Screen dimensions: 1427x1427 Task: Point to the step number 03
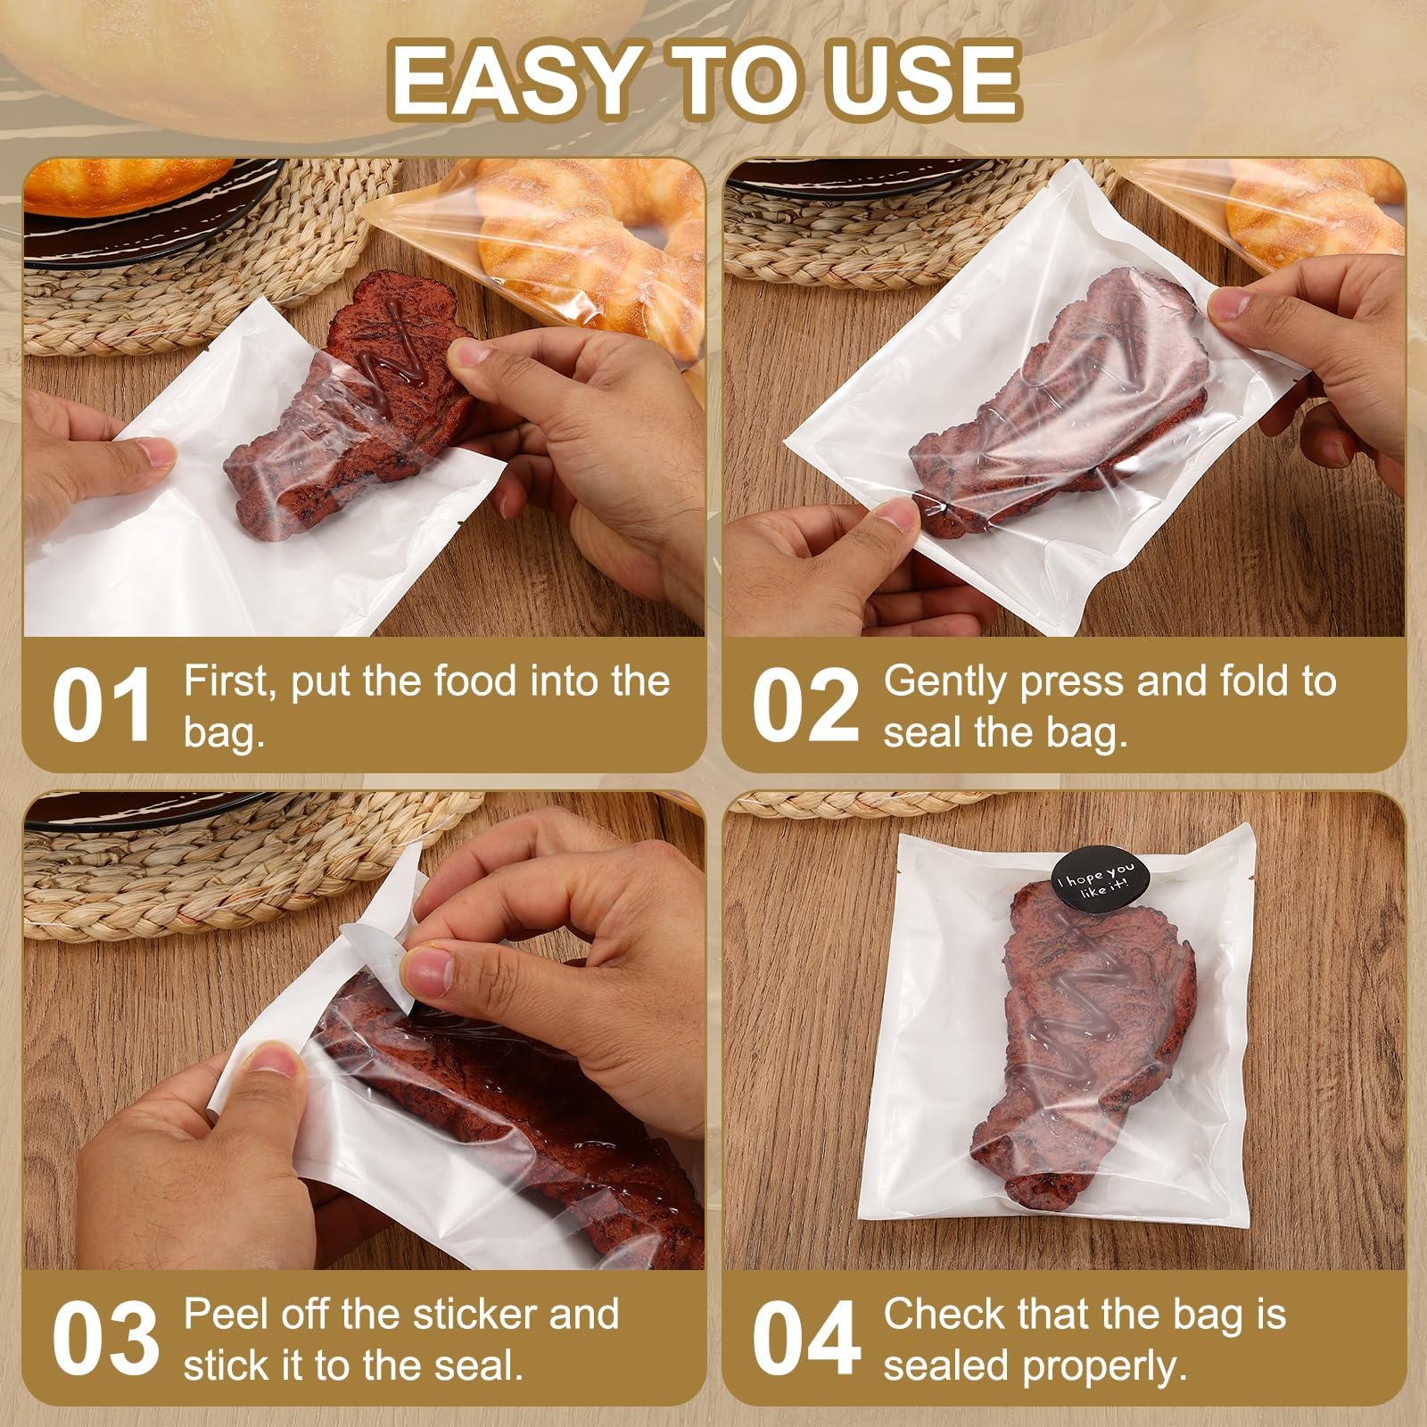[x=105, y=1339]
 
